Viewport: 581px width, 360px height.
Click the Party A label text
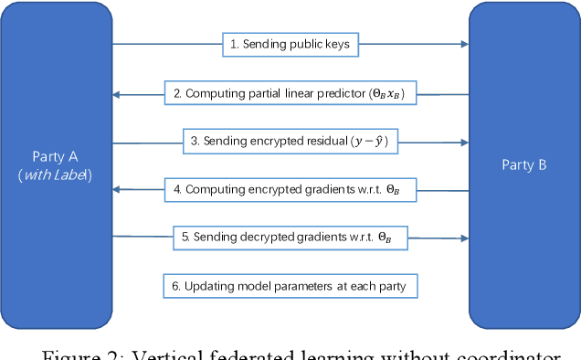coord(57,155)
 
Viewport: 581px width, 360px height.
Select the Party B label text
coord(525,164)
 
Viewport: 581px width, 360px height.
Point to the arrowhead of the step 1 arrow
coord(462,44)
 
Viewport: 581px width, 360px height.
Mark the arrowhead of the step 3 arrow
coord(462,141)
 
